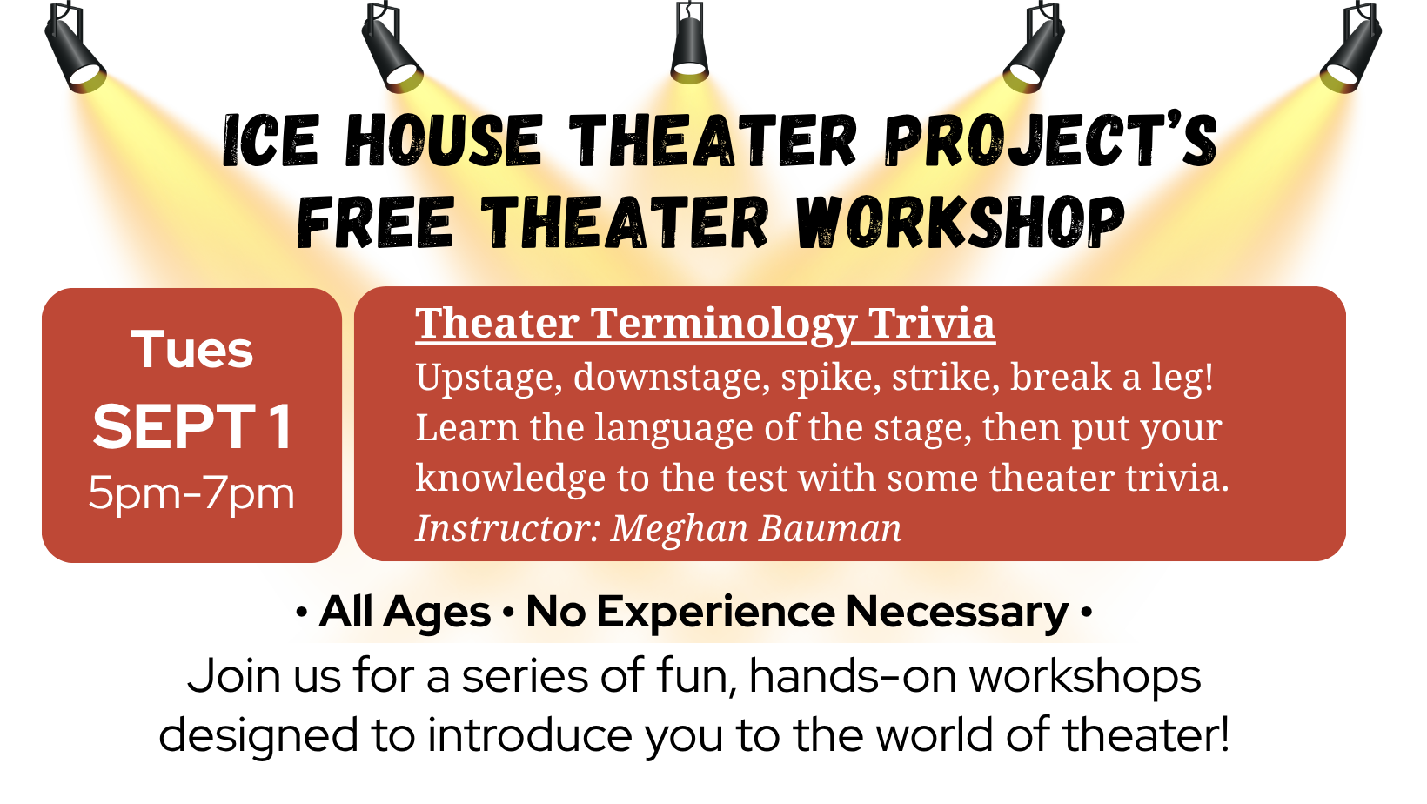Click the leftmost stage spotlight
click(x=75, y=48)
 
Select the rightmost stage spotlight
click(x=1350, y=48)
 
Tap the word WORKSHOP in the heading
click(x=960, y=222)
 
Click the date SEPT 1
click(x=192, y=427)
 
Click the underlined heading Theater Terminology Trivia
click(x=705, y=324)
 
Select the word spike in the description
click(x=831, y=377)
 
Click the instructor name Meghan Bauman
click(x=756, y=529)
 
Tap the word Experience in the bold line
click(x=716, y=613)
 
